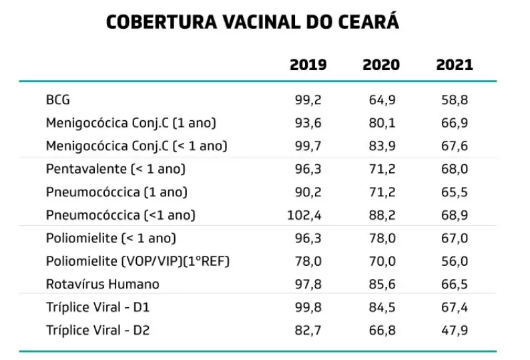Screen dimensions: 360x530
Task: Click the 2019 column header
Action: tap(308, 65)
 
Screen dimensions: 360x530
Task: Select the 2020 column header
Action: tap(381, 65)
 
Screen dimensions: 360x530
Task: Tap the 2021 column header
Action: tap(455, 65)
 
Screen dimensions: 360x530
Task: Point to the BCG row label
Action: tap(58, 100)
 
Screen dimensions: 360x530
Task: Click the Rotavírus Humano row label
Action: tap(103, 284)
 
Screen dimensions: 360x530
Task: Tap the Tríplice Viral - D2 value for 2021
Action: tap(455, 330)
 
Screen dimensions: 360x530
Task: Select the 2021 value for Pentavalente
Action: tap(455, 169)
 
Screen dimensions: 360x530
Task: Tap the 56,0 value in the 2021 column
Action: tap(455, 261)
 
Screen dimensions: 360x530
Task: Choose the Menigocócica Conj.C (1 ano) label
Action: tap(131, 124)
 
